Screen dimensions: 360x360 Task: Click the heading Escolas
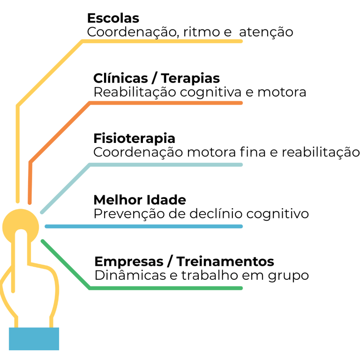click(x=113, y=18)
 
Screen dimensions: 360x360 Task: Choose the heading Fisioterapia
click(x=134, y=139)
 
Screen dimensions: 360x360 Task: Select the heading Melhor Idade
click(x=140, y=200)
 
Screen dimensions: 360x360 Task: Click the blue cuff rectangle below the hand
click(x=34, y=338)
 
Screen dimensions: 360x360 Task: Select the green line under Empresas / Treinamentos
click(x=164, y=288)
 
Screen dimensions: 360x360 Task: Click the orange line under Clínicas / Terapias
click(x=164, y=103)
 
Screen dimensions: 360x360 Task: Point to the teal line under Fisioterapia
click(x=164, y=165)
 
